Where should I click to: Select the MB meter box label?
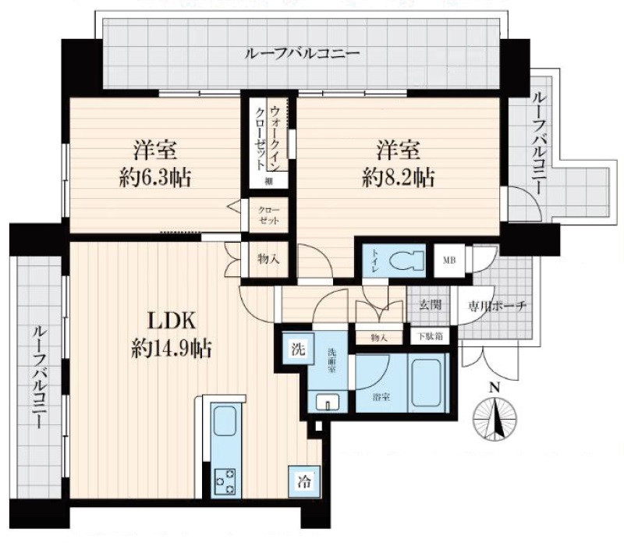tap(449, 261)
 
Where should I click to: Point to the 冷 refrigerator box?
tap(303, 481)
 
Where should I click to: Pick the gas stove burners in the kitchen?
tap(225, 480)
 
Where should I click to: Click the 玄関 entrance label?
tap(430, 305)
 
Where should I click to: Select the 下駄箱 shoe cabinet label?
tap(427, 336)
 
